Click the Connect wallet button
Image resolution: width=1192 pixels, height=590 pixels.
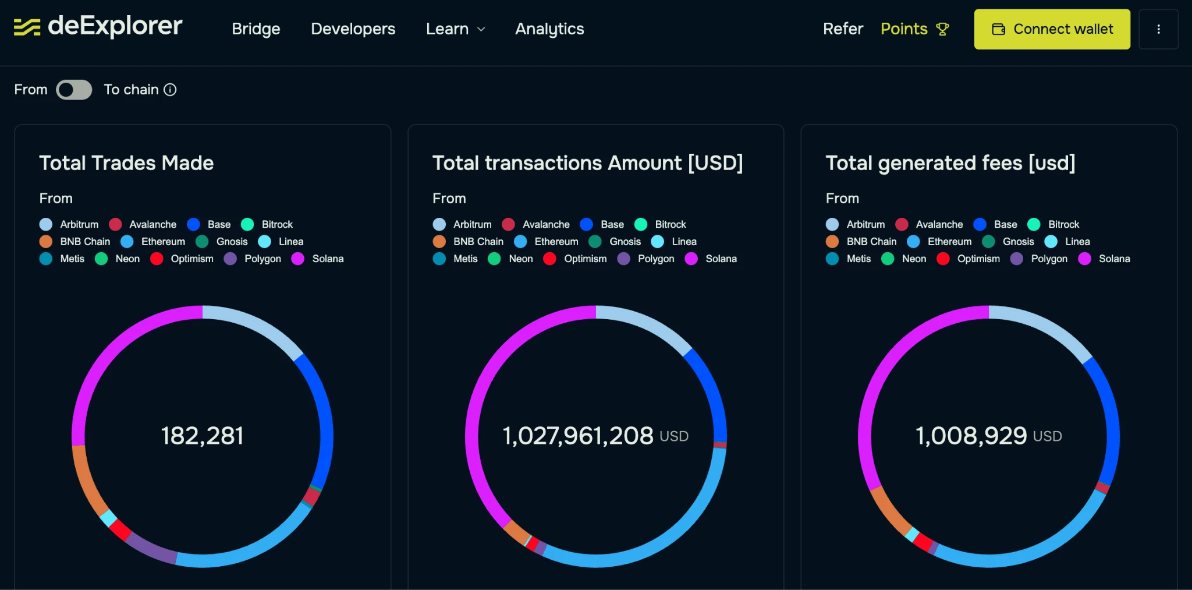(x=1052, y=29)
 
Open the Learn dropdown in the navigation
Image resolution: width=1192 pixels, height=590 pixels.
(x=455, y=29)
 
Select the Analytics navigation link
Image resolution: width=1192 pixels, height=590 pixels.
(x=549, y=29)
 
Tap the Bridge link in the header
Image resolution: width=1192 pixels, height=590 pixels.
(x=256, y=29)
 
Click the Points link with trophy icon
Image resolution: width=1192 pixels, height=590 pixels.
(x=914, y=29)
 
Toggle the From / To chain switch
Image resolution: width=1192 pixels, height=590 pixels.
(x=74, y=90)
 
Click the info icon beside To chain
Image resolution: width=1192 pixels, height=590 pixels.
(x=170, y=90)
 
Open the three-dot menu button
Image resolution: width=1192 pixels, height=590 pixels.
(x=1158, y=29)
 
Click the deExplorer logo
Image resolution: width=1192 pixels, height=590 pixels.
(x=98, y=26)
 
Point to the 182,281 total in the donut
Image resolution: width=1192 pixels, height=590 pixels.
(x=202, y=436)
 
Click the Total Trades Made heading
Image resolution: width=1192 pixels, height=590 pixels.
(x=126, y=163)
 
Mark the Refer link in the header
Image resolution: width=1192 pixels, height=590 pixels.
(x=842, y=29)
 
